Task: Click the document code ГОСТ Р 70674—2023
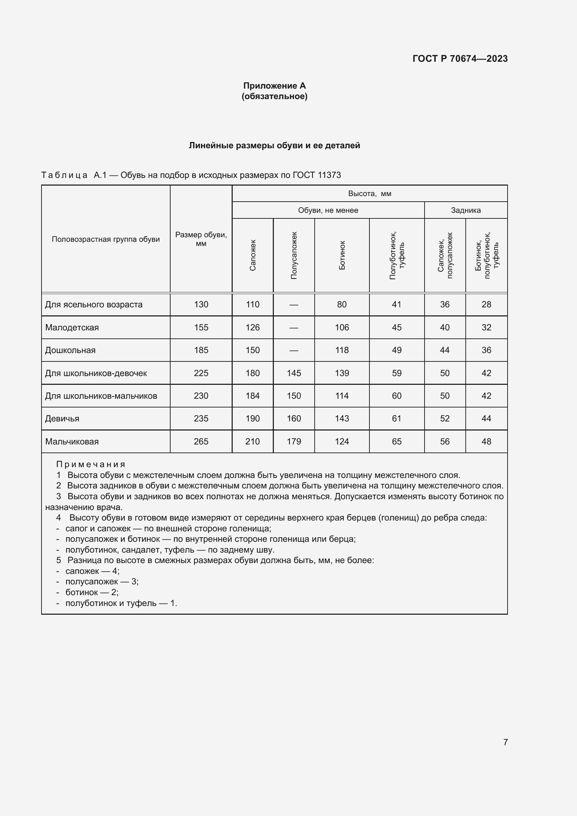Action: tap(460, 59)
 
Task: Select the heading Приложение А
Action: tap(274, 86)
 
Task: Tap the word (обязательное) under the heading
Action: tap(274, 96)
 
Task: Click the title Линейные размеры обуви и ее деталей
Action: tap(274, 145)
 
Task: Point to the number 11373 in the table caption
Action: tap(329, 175)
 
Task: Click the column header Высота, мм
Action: tap(369, 194)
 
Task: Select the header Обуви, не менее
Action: tap(328, 210)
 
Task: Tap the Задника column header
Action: tap(465, 210)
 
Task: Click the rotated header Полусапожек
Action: tap(294, 255)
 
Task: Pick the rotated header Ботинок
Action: tap(342, 255)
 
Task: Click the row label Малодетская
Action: tap(72, 328)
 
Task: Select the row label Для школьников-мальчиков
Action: tap(101, 396)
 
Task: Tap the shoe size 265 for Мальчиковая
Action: tap(201, 442)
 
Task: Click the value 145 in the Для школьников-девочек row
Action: tap(294, 373)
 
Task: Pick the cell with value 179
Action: tap(294, 442)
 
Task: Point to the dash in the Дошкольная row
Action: tap(294, 350)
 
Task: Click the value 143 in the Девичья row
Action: tap(342, 419)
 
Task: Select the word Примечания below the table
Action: tap(91, 464)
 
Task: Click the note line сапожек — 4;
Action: tap(92, 571)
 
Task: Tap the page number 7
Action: tap(505, 742)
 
